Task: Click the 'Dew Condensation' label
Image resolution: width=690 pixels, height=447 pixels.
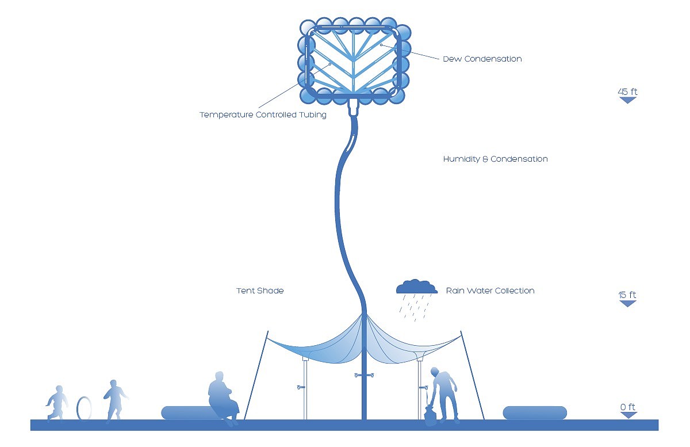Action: (x=482, y=59)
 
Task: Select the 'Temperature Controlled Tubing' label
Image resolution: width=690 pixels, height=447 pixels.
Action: (x=263, y=114)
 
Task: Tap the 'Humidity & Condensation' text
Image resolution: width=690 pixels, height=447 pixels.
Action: (x=495, y=159)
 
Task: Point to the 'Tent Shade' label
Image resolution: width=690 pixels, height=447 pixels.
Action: (x=260, y=291)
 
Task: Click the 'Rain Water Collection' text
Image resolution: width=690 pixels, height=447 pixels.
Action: (x=490, y=291)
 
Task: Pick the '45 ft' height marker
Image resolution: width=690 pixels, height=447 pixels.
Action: (x=627, y=92)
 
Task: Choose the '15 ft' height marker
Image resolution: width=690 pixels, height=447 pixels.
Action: (x=627, y=296)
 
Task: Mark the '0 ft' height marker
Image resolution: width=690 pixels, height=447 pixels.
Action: (x=628, y=407)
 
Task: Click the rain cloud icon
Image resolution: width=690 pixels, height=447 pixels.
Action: (x=416, y=286)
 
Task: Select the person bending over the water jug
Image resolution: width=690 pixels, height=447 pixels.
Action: (x=444, y=391)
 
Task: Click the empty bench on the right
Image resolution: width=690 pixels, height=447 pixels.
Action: (x=535, y=412)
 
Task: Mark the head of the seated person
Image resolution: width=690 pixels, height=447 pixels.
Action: (x=219, y=377)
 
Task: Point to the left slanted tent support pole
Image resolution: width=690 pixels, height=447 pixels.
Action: (x=256, y=374)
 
